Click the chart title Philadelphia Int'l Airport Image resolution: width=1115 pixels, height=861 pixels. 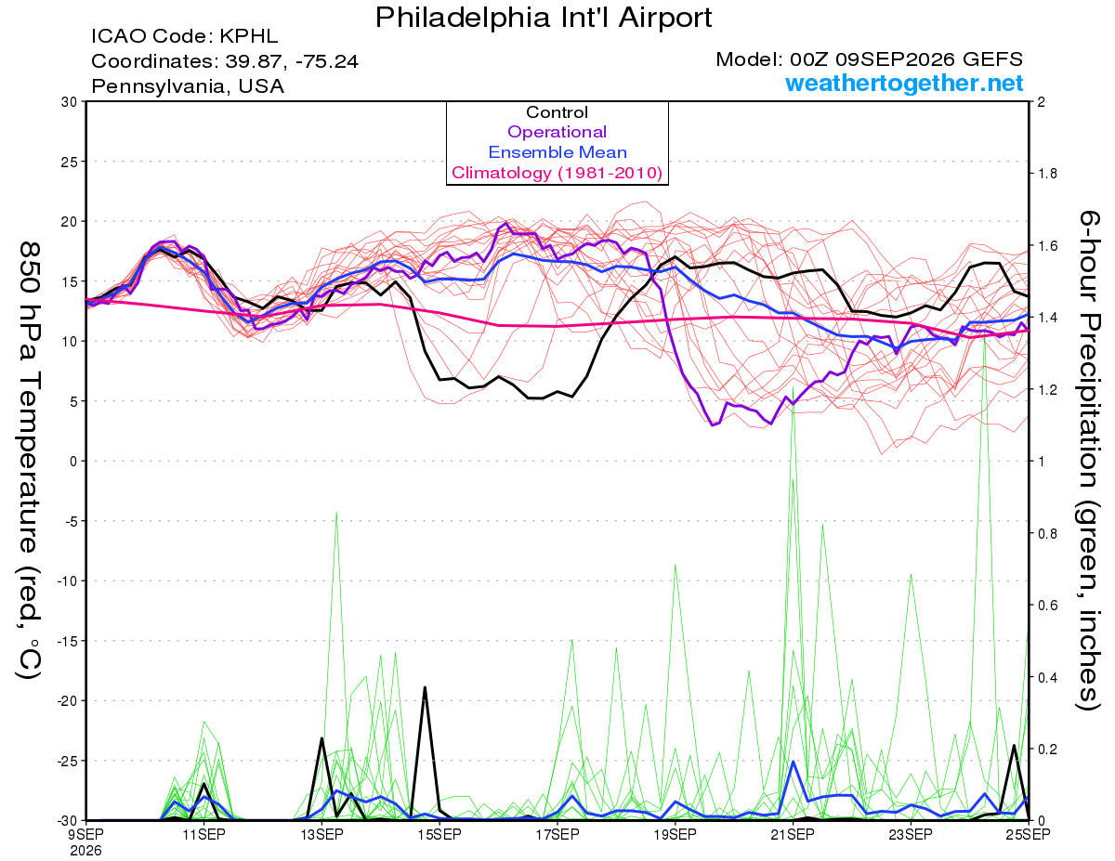pyautogui.click(x=544, y=18)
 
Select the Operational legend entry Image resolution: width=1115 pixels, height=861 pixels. pyautogui.click(x=557, y=132)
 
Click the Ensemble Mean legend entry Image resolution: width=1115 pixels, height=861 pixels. pyautogui.click(x=557, y=152)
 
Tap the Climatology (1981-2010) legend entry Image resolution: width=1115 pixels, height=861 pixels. pyautogui.click(x=557, y=173)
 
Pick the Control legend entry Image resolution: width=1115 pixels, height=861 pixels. pyautogui.click(x=557, y=112)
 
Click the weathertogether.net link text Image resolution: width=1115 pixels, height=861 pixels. pyautogui.click(x=904, y=83)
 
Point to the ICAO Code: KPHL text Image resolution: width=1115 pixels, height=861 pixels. pyautogui.click(x=184, y=36)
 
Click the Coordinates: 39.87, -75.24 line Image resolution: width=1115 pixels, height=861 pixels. pyautogui.click(x=225, y=61)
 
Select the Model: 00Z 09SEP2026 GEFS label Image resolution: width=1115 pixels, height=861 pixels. pyautogui.click(x=869, y=59)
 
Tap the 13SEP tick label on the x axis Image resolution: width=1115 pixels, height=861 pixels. pyautogui.click(x=321, y=834)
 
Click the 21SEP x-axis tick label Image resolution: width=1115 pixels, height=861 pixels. pyautogui.click(x=793, y=834)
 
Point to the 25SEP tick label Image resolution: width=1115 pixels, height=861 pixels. pyautogui.click(x=1029, y=834)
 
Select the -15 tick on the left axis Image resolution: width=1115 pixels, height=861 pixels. pyautogui.click(x=67, y=641)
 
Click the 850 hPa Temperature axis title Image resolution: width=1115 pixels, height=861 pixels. pyautogui.click(x=30, y=461)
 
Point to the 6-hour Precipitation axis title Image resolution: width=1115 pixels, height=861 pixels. pyautogui.click(x=1088, y=460)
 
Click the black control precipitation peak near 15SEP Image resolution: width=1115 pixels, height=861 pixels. pyautogui.click(x=425, y=687)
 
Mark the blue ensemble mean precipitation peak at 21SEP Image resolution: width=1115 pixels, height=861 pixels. pyautogui.click(x=794, y=762)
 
